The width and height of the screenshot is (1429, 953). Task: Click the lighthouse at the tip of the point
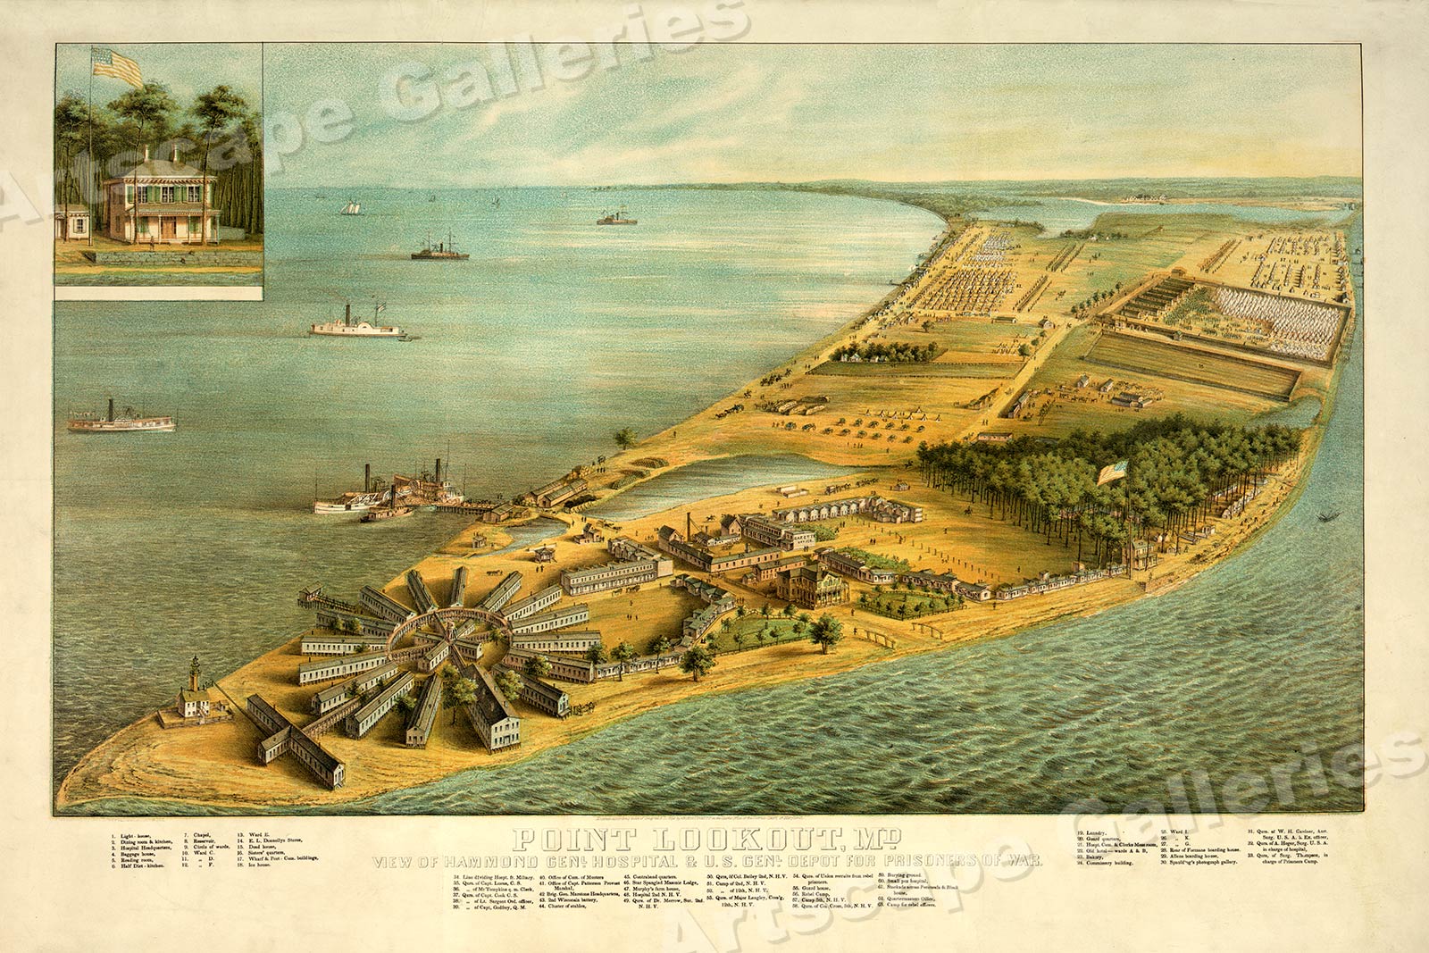click(194, 690)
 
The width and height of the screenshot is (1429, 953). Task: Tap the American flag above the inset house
click(118, 67)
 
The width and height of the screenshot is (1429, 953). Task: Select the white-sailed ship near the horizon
click(349, 208)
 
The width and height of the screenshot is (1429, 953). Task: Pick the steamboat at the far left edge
click(121, 419)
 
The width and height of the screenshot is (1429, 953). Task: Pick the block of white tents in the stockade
click(1277, 317)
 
